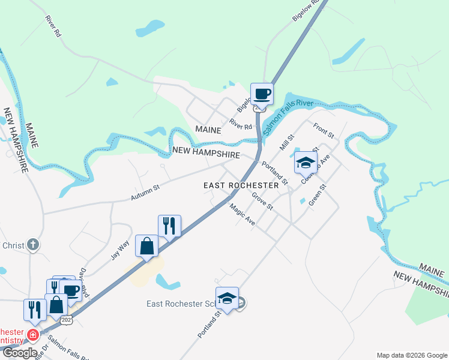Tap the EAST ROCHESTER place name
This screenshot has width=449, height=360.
click(x=241, y=185)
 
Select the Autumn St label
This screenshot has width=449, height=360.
click(x=146, y=193)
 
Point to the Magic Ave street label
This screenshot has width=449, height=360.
click(x=243, y=214)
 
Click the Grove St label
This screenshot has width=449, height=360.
click(x=262, y=202)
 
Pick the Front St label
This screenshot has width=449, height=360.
click(x=324, y=132)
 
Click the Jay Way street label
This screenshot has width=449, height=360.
click(x=120, y=250)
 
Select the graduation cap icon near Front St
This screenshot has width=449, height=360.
click(x=305, y=162)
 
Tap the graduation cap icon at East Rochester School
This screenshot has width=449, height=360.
click(x=227, y=298)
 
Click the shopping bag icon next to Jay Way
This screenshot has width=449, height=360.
click(x=147, y=246)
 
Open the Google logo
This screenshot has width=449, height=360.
click(x=19, y=353)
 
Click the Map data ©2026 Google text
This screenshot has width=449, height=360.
click(x=411, y=355)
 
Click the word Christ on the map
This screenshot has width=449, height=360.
click(x=13, y=245)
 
